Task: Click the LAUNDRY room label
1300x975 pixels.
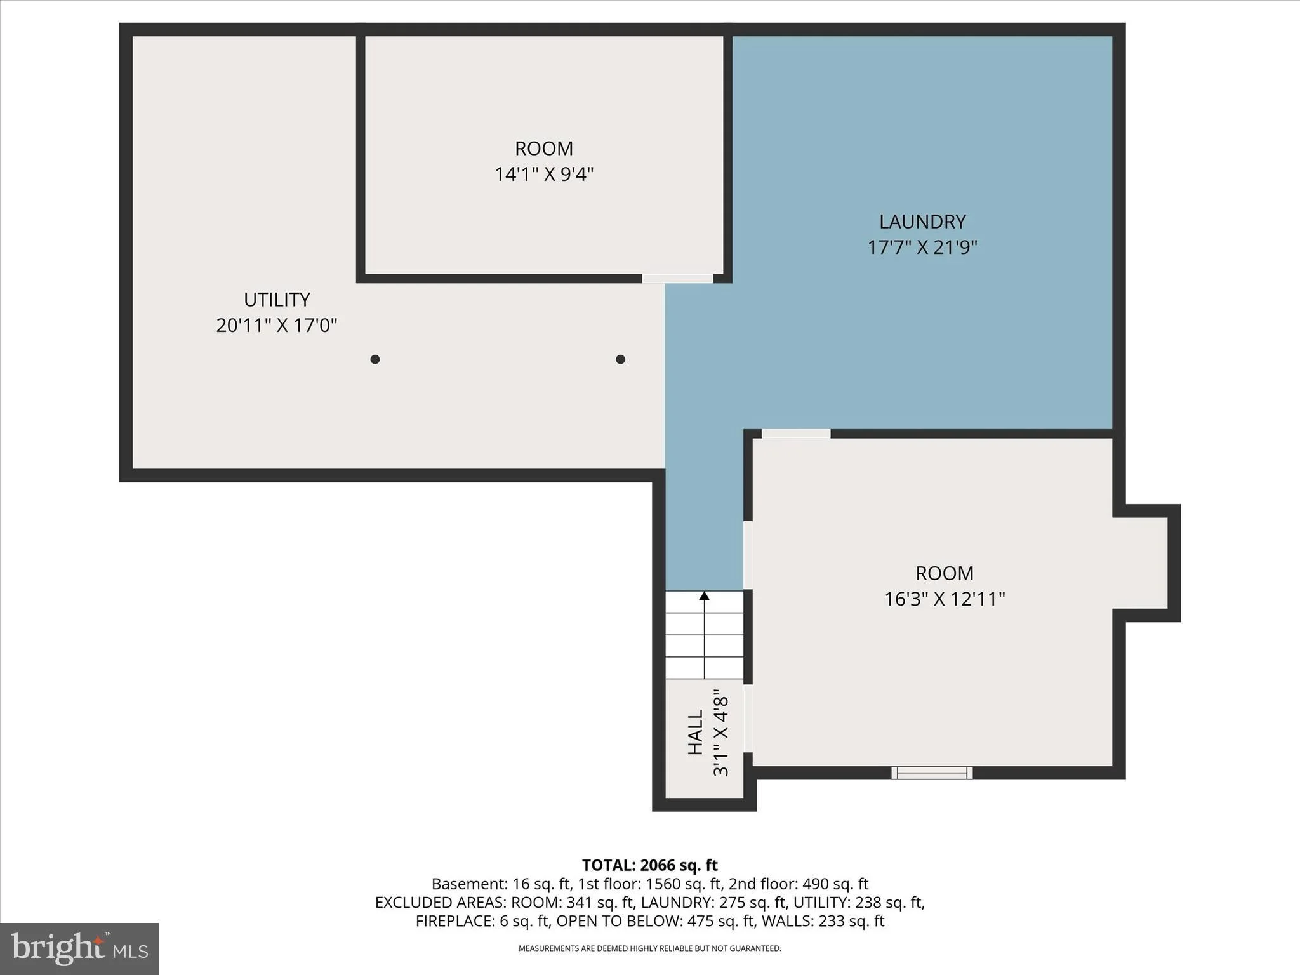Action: tap(922, 222)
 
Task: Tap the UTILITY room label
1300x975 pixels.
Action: tap(277, 300)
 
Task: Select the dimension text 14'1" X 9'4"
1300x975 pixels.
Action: tap(544, 174)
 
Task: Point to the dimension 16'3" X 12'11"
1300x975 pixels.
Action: tap(945, 599)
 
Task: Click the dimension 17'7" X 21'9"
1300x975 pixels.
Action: tap(922, 247)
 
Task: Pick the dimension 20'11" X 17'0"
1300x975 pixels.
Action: tap(277, 326)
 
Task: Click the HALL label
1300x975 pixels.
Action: tap(696, 732)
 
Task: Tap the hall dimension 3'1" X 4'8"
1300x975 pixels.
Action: tap(721, 733)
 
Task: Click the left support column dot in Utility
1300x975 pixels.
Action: tap(375, 359)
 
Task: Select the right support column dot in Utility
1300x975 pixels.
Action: tap(621, 359)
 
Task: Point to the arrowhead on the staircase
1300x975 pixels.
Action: tap(705, 595)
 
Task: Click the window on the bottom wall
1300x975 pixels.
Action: tap(932, 773)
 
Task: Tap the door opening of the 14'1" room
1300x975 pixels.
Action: tap(677, 279)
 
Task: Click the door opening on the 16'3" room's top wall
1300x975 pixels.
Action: tap(796, 434)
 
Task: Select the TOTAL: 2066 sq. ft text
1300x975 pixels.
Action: tap(650, 865)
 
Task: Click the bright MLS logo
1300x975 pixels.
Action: tap(79, 949)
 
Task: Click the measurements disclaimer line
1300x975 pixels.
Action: tap(650, 948)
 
